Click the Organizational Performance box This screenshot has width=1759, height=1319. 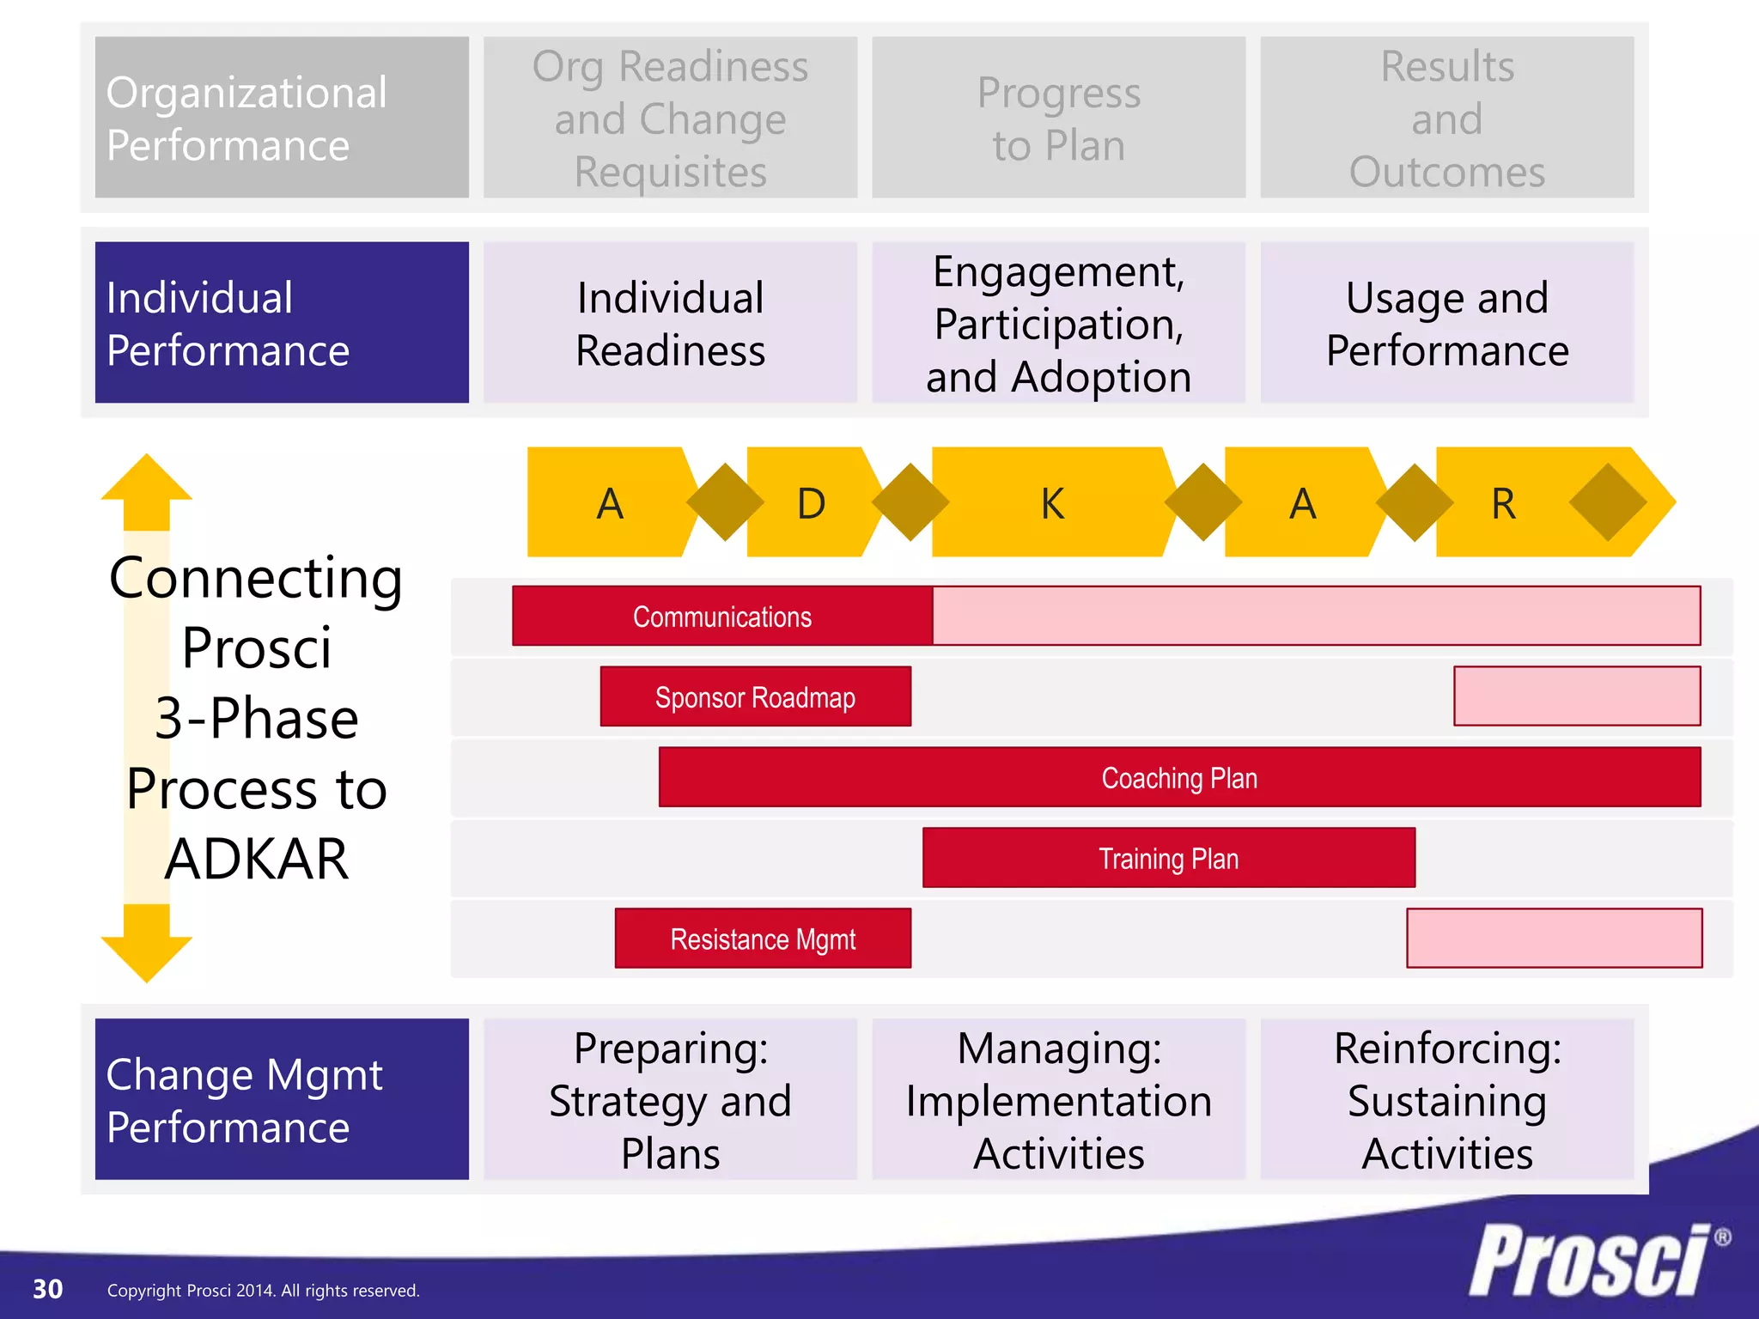coord(282,118)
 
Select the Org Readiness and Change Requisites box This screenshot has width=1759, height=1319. coord(670,118)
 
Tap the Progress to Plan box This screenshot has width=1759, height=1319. coord(1058,118)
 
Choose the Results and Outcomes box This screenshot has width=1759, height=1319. coord(1446,118)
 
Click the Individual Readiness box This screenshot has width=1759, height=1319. coord(670,323)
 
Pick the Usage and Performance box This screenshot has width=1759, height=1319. coord(1446,323)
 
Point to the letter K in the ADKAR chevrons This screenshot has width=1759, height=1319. coord(1052,503)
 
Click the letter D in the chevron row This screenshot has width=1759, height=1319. coord(811,503)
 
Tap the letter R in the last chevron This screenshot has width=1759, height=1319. coord(1503,503)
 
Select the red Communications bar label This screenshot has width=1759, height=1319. coord(722,617)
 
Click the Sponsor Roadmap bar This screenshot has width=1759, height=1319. coord(755,697)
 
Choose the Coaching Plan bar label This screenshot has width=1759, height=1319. coord(1179,778)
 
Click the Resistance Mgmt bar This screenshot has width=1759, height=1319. coord(763,939)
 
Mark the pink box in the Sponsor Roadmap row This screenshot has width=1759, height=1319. coord(1577,696)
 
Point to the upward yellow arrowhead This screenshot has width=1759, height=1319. coord(146,481)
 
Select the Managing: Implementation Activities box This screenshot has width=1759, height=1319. coord(1058,1100)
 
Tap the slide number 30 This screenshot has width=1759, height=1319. coord(47,1289)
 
